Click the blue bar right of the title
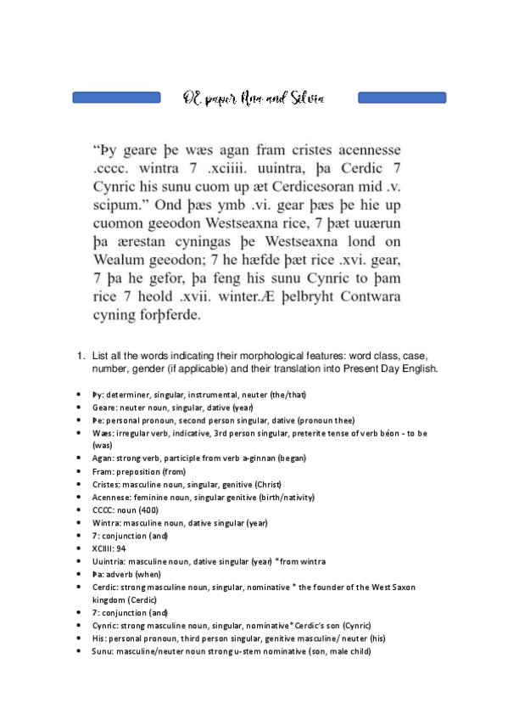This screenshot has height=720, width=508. [x=402, y=98]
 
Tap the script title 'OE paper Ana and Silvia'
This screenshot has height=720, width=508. [x=253, y=98]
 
